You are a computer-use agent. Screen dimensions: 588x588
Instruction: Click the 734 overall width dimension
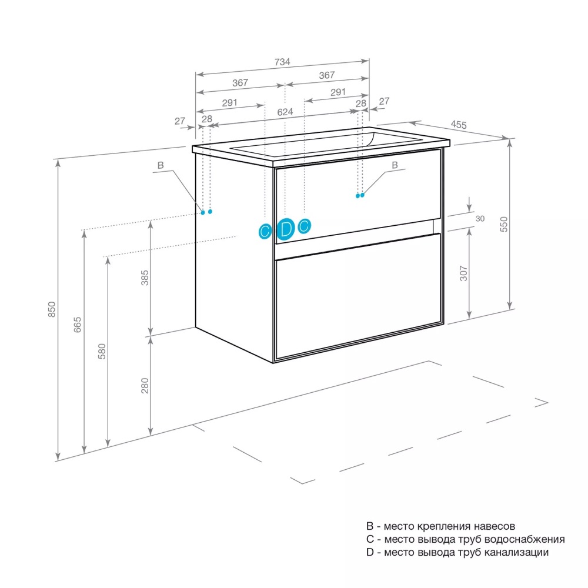tap(282, 62)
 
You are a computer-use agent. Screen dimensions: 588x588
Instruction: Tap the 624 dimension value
tap(285, 112)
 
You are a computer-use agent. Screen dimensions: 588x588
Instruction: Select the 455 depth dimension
tap(459, 125)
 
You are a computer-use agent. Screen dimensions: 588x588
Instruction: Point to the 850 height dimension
tap(52, 309)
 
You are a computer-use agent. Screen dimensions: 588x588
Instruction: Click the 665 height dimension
tap(77, 325)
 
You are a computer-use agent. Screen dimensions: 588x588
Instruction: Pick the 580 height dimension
tap(102, 352)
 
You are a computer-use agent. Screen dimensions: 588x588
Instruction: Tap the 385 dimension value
tap(145, 278)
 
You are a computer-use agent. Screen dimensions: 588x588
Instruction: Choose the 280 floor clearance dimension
tap(145, 386)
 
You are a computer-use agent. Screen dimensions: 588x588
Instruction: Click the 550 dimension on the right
tap(504, 224)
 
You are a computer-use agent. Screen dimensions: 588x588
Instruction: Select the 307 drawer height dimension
tap(464, 273)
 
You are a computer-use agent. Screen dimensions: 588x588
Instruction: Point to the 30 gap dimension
tap(480, 219)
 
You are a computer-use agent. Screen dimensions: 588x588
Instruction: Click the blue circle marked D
tap(286, 229)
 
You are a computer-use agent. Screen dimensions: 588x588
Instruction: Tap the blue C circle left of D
tap(265, 231)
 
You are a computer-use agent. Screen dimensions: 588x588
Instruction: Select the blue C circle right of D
tap(305, 226)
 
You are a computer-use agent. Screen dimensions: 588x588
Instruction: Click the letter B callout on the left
tap(161, 165)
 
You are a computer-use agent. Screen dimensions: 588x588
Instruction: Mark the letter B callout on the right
tap(395, 165)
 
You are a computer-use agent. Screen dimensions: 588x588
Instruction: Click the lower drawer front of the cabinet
tap(358, 296)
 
